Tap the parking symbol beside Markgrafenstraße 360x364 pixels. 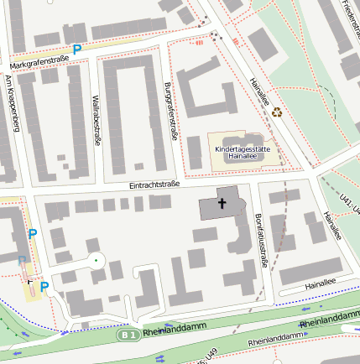pyautogui.click(x=77, y=50)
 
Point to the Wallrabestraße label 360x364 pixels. pyautogui.click(x=97, y=120)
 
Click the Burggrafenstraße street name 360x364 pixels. pyautogui.click(x=170, y=111)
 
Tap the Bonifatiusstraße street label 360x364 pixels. pyautogui.click(x=259, y=240)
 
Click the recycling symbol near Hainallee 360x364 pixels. pyautogui.click(x=276, y=111)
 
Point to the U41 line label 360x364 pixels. pyautogui.click(x=344, y=202)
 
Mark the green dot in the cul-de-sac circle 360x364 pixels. pyautogui.click(x=96, y=261)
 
